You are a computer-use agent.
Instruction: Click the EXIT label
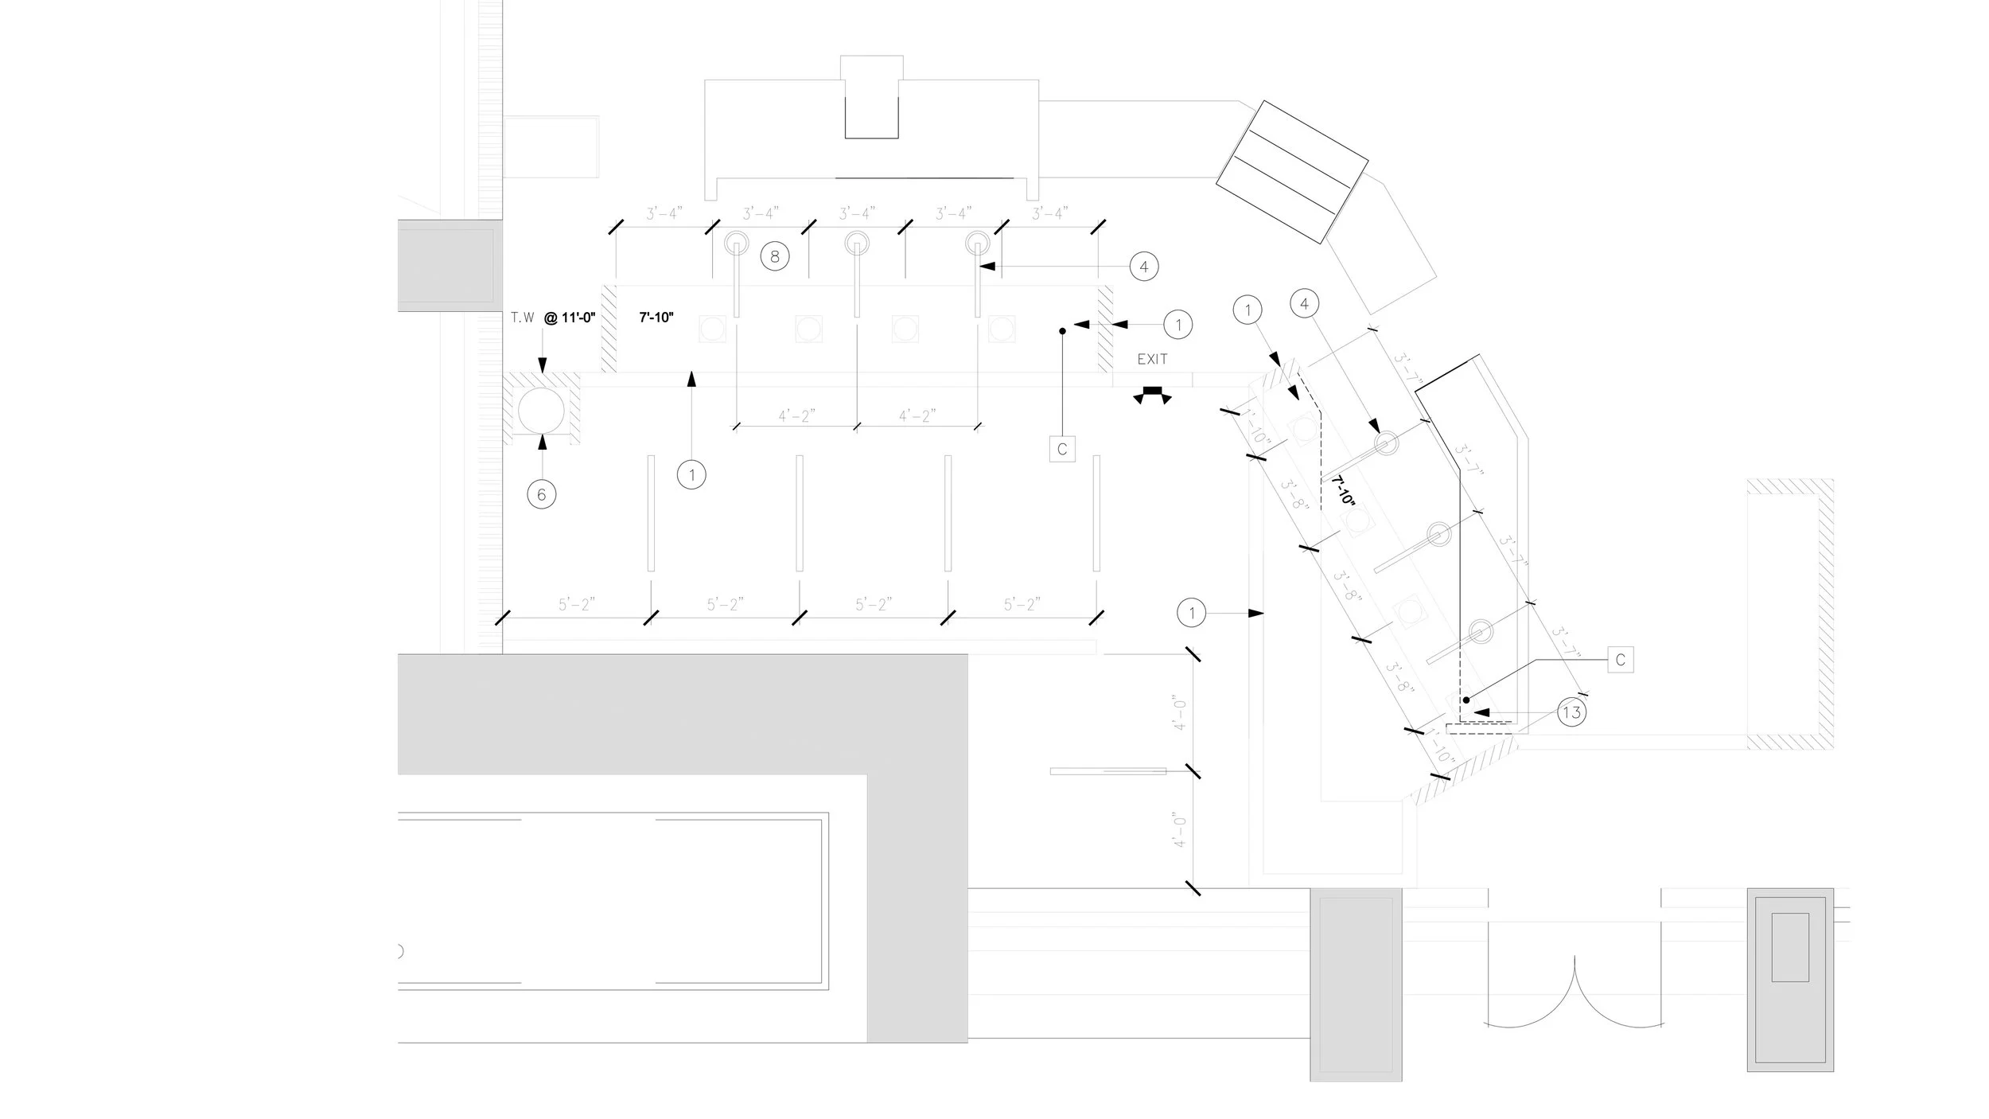(1152, 360)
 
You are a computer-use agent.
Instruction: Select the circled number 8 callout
(775, 256)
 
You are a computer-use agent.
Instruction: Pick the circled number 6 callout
(542, 494)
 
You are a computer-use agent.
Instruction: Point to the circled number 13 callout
(1571, 712)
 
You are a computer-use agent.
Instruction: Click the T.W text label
(523, 318)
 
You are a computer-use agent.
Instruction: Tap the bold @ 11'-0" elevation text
(570, 318)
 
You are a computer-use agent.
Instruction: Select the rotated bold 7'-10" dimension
(1343, 491)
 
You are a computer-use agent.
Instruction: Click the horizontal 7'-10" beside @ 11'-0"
(656, 318)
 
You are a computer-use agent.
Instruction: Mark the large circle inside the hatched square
(542, 411)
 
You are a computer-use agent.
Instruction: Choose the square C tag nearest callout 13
(1621, 660)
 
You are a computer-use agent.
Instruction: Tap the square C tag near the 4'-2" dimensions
(1062, 449)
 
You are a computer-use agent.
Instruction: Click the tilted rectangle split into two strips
(1292, 172)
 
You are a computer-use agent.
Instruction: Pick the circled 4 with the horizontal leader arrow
(1144, 267)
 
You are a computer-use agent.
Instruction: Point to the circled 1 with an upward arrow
(692, 475)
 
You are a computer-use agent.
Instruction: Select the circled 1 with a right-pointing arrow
(1192, 613)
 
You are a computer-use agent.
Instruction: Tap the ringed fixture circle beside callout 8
(737, 243)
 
